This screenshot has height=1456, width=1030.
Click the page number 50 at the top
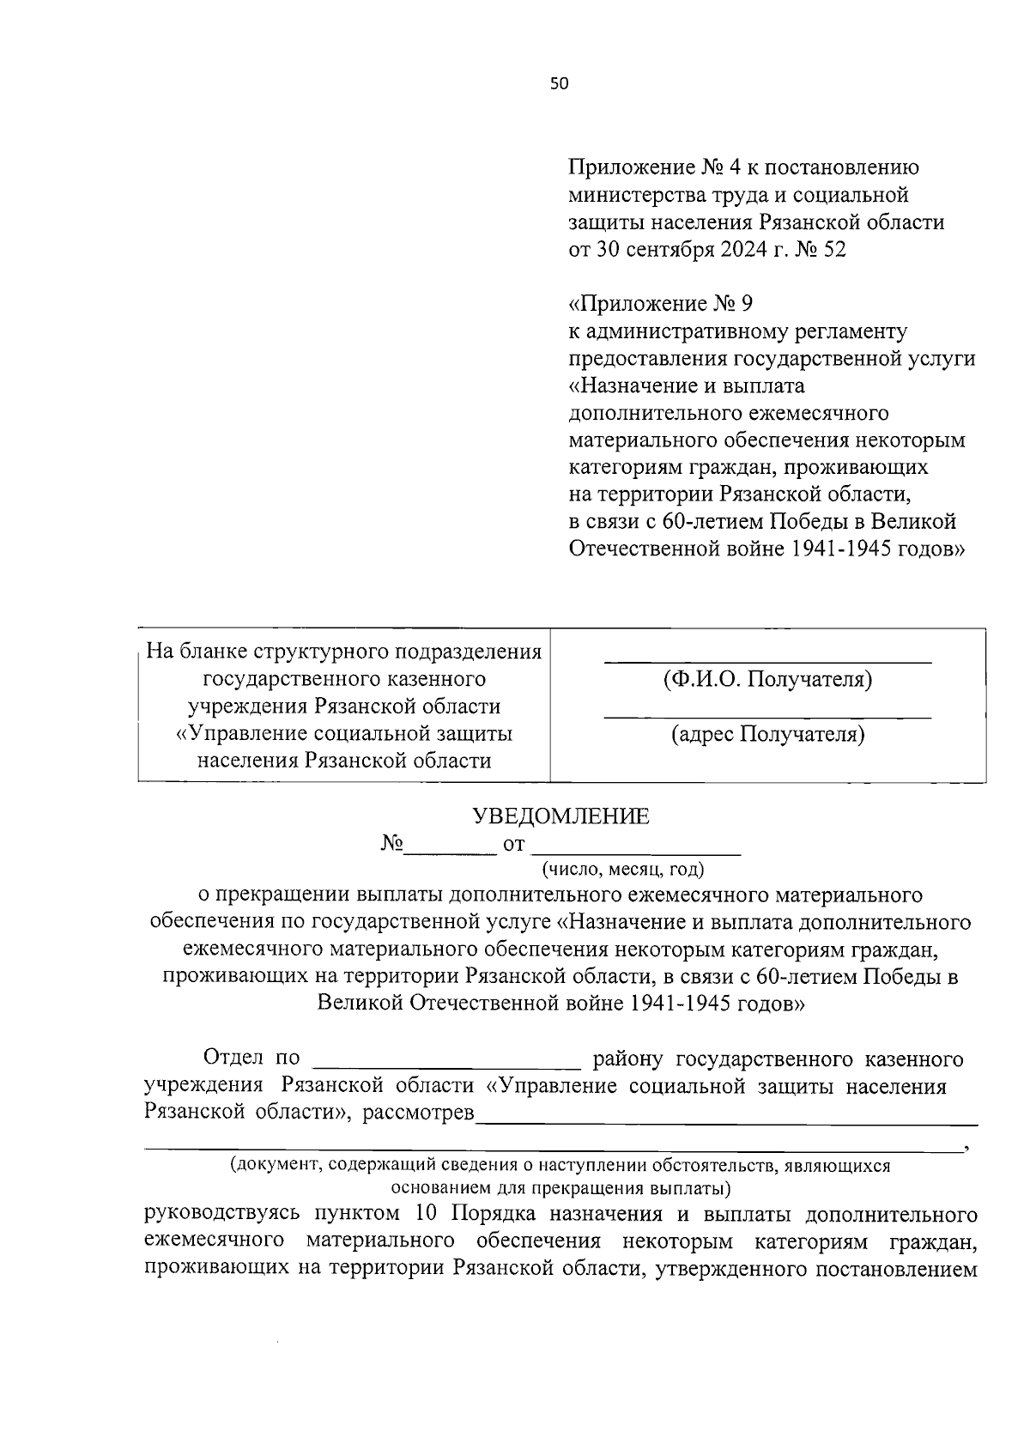click(x=560, y=83)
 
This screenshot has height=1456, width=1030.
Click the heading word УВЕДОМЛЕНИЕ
click(x=561, y=816)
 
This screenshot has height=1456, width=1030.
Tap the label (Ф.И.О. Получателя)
click(x=767, y=680)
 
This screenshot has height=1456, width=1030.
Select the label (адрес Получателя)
click(x=767, y=735)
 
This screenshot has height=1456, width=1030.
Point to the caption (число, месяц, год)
click(x=622, y=870)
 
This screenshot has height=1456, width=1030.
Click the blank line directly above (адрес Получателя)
click(x=767, y=716)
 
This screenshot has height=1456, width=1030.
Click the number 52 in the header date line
click(x=833, y=250)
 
